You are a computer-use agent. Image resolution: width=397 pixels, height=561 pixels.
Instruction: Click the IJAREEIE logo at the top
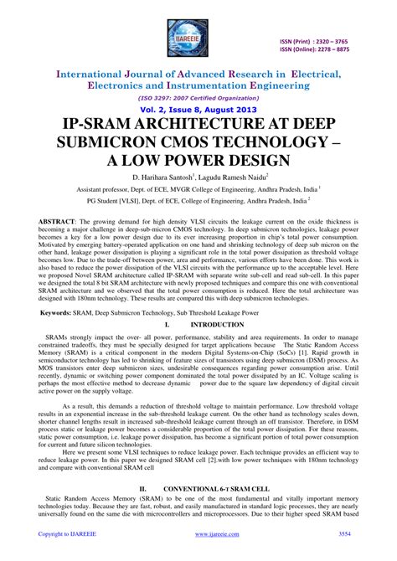pos(198,33)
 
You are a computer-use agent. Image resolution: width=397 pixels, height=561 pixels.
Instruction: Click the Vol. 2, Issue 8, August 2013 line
pos(198,110)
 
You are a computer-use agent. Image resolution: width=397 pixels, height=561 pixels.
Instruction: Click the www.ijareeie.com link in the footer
pos(198,533)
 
